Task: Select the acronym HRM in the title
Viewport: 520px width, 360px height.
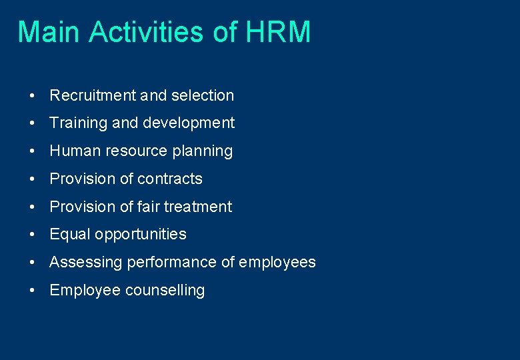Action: click(278, 32)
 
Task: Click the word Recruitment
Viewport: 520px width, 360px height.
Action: click(93, 95)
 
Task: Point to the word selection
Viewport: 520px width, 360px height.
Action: click(203, 95)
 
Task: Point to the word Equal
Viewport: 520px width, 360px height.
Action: click(70, 235)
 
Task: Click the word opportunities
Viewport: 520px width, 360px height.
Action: click(141, 235)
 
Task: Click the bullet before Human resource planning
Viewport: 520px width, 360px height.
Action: click(32, 151)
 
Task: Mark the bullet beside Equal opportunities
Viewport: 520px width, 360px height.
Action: click(32, 235)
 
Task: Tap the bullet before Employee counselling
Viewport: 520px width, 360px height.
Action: click(32, 291)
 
